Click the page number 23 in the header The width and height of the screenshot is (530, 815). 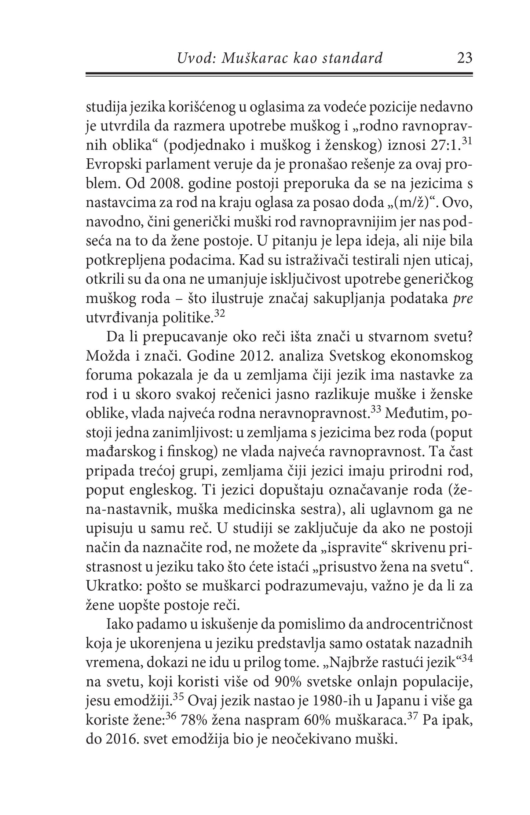pos(465,58)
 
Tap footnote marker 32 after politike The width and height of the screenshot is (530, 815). pos(219,314)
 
